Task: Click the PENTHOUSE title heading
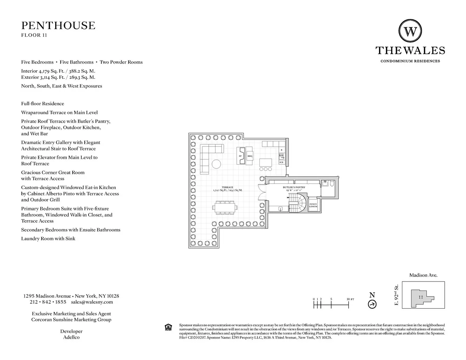58,26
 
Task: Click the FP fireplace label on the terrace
241,156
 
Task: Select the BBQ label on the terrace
250,156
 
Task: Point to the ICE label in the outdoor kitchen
281,162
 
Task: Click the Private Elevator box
313,205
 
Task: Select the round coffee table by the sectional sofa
216,164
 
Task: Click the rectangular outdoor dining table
225,207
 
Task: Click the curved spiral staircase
298,203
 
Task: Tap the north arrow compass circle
372,304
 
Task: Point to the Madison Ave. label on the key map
423,275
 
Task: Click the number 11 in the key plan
421,297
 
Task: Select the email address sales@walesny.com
92,302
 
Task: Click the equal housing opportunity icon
168,327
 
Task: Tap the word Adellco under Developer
71,337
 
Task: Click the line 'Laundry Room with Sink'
48,238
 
